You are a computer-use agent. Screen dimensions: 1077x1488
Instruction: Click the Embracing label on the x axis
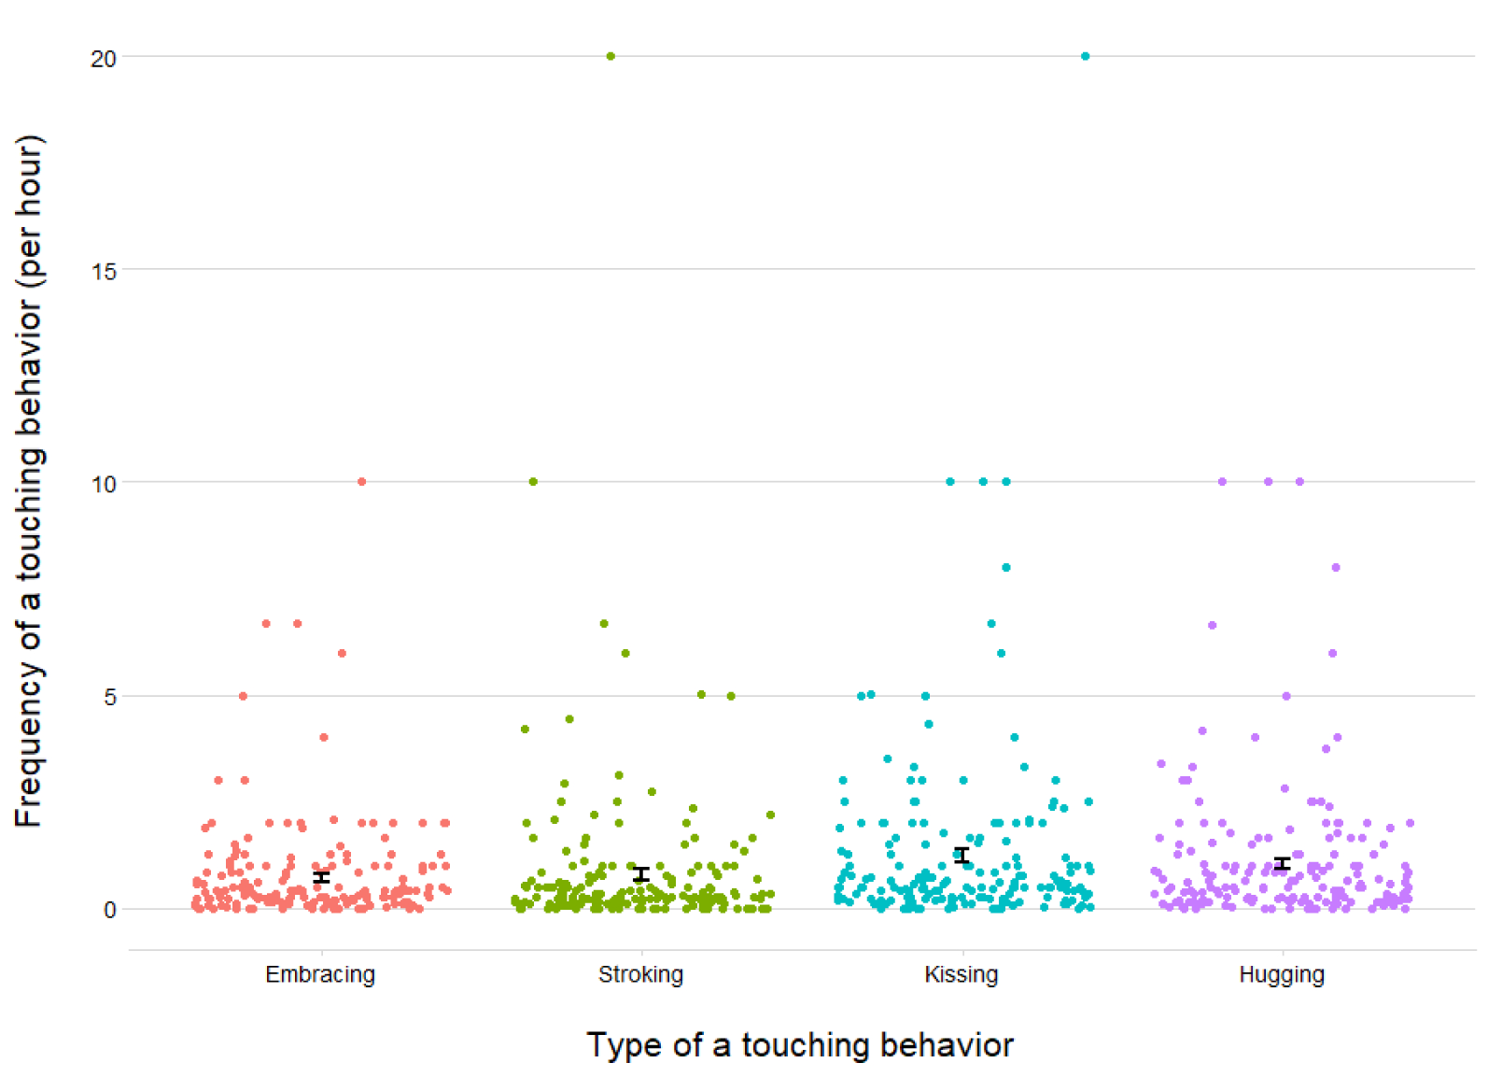(319, 974)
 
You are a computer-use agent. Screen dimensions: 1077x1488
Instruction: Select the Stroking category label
(640, 974)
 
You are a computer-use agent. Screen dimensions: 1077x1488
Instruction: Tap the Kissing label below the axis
(961, 974)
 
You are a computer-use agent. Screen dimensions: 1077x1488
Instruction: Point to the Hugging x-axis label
(1281, 974)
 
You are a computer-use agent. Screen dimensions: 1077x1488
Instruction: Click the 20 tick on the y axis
(104, 58)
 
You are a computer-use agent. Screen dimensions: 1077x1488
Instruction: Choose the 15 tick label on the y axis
(104, 271)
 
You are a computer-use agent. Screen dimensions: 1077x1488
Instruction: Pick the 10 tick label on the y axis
(104, 484)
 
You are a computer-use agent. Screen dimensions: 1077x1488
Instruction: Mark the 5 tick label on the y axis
(109, 697)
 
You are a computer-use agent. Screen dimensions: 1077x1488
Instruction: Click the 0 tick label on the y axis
(109, 910)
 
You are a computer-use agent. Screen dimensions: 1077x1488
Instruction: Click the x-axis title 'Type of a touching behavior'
(799, 1044)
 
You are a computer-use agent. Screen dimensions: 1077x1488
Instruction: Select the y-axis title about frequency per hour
(29, 481)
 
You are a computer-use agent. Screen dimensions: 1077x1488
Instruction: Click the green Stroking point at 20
(611, 56)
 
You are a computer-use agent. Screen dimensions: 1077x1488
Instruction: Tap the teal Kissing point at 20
(1085, 56)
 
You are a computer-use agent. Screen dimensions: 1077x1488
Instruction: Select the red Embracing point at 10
(361, 482)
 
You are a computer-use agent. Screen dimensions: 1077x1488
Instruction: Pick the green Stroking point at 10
(533, 482)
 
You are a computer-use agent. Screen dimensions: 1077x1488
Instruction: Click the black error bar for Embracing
(321, 877)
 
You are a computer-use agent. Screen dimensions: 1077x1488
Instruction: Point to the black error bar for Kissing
(962, 855)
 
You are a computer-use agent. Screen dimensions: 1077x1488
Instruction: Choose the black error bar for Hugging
(1283, 863)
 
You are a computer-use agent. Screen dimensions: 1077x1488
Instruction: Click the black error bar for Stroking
(640, 874)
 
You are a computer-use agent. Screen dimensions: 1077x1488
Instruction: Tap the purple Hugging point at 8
(1336, 567)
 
